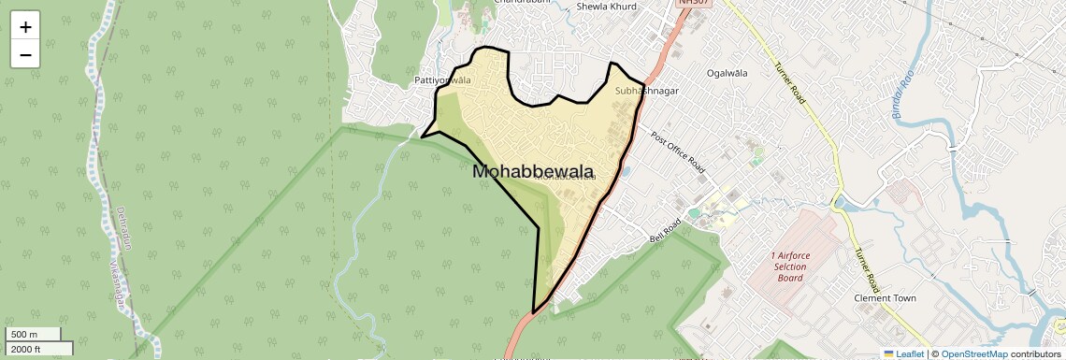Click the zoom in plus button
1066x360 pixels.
(x=25, y=27)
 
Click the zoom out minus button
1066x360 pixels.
(x=25, y=54)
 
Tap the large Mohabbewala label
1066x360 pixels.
(x=534, y=172)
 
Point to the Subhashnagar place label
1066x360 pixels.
(x=647, y=92)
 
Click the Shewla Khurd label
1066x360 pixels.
(x=607, y=7)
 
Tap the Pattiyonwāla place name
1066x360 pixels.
(x=442, y=80)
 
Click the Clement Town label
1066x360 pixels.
(x=885, y=298)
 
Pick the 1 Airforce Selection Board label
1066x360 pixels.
(x=790, y=266)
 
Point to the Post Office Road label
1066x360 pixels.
(x=677, y=151)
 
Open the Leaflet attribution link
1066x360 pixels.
(x=903, y=353)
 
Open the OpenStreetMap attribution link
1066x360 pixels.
(x=973, y=353)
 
